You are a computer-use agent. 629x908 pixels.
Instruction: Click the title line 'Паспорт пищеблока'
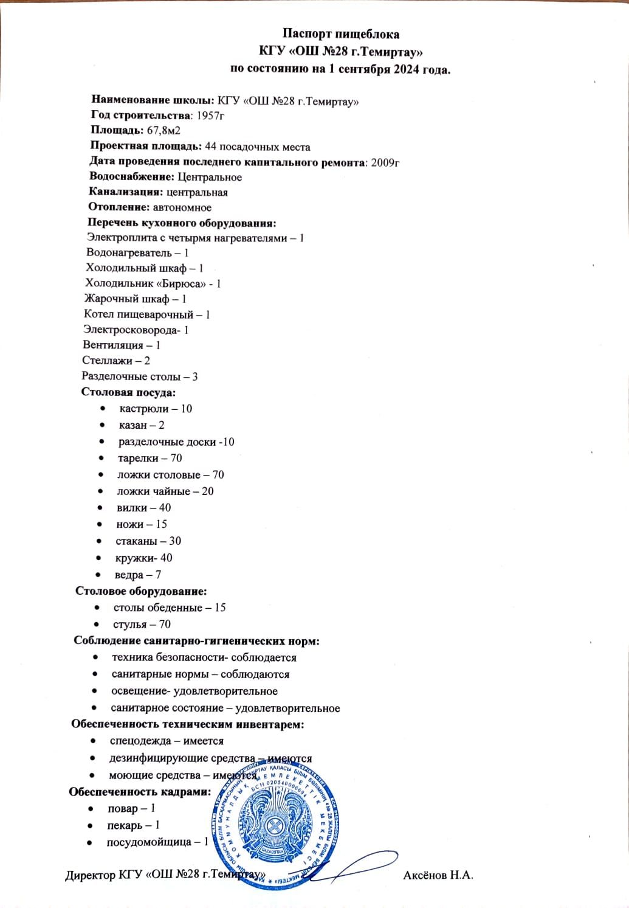pos(341,34)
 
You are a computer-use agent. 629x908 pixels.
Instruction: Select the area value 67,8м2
pos(163,130)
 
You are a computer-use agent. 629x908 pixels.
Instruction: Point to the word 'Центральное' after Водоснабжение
pos(210,177)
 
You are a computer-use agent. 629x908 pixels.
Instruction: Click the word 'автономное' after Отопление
pos(182,207)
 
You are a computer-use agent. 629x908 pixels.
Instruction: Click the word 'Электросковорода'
pos(130,330)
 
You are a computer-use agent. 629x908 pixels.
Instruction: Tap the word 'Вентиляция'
pos(113,345)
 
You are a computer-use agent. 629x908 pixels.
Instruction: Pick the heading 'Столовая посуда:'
pos(128,392)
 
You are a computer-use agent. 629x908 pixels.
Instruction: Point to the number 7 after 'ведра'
pos(158,575)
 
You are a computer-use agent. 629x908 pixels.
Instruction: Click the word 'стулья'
pos(130,625)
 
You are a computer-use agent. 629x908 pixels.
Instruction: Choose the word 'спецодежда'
pos(138,741)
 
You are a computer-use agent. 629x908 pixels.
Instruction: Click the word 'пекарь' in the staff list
pos(125,825)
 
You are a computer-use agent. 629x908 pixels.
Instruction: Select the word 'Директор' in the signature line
pos(89,876)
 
